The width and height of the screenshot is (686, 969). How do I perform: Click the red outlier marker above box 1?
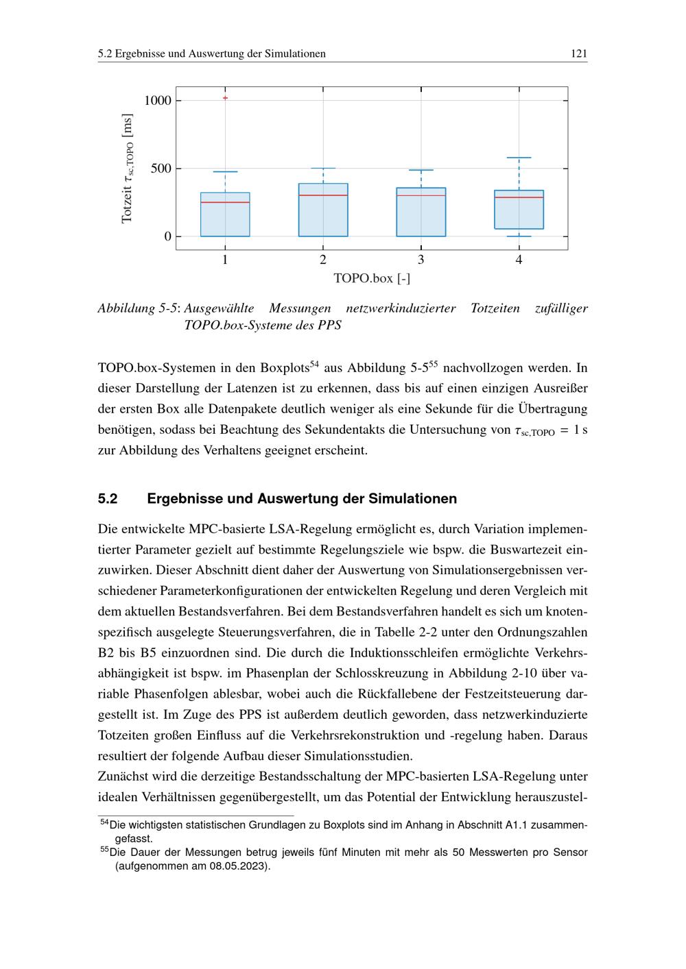[225, 98]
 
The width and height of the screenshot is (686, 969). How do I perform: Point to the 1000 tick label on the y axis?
[158, 101]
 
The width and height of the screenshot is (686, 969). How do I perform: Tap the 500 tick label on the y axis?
[161, 169]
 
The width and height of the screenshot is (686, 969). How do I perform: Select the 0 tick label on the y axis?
[168, 236]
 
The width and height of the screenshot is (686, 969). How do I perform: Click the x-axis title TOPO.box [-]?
[372, 278]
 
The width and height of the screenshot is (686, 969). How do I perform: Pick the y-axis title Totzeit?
[127, 169]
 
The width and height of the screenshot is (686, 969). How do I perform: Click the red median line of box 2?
[323, 195]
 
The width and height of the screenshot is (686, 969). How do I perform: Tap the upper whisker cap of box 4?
[519, 158]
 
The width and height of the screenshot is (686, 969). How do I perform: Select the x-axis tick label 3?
[421, 260]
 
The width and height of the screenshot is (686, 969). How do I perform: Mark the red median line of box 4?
[519, 197]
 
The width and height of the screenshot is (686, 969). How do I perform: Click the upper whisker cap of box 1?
[225, 171]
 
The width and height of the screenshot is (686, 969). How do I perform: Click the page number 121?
[579, 53]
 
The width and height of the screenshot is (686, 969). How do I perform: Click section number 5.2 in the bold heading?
[108, 499]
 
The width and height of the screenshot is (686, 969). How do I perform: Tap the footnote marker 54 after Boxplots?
[315, 363]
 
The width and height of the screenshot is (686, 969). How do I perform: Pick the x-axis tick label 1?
[225, 260]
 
